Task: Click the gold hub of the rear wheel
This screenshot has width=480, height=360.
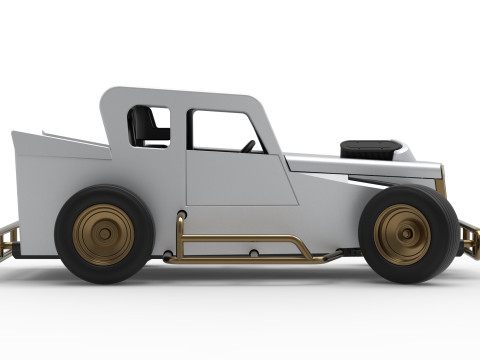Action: [x=102, y=235]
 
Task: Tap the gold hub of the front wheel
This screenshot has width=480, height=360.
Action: [x=402, y=234]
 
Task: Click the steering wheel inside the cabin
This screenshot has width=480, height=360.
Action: [x=248, y=146]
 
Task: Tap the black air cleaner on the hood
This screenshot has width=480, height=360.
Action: [x=370, y=149]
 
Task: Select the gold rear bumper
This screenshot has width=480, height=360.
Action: [x=8, y=240]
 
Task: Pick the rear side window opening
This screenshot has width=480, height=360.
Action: [x=150, y=126]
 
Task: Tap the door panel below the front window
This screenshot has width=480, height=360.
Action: [x=240, y=180]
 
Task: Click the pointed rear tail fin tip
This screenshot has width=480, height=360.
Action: [x=13, y=133]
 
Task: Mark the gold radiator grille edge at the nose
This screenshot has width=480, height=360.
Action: [x=441, y=187]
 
